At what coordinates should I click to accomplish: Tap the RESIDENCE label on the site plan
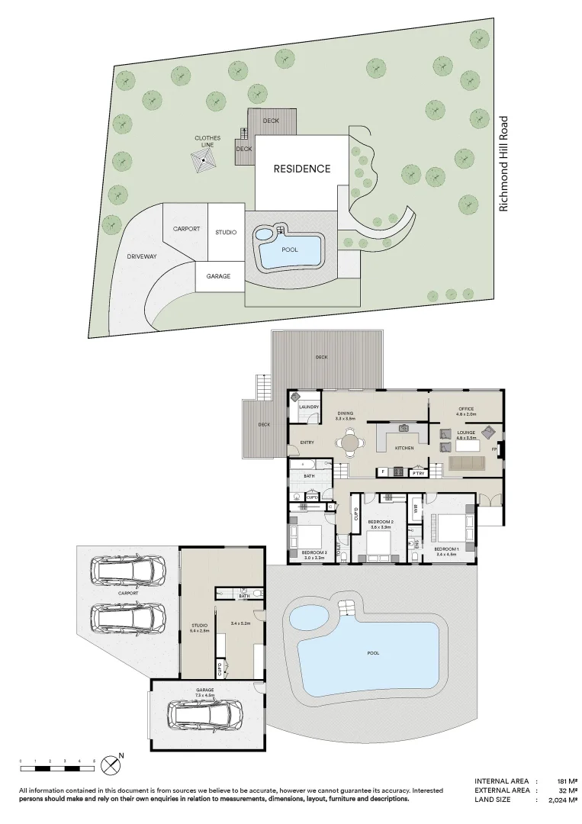point(302,169)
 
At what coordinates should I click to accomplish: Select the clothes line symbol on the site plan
point(205,161)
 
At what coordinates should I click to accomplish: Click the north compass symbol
point(112,762)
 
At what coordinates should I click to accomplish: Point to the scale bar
point(57,761)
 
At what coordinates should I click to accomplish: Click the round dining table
point(349,442)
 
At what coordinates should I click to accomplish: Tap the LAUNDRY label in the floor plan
point(308,407)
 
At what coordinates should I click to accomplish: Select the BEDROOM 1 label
point(446,549)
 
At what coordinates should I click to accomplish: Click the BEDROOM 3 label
point(313,552)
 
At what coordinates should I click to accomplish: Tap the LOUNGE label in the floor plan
point(466,433)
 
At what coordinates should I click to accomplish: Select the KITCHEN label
point(404,448)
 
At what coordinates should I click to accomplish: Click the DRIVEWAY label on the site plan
point(142,256)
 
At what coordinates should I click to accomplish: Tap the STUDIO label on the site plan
point(225,232)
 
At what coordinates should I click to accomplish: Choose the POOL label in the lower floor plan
point(373,653)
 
